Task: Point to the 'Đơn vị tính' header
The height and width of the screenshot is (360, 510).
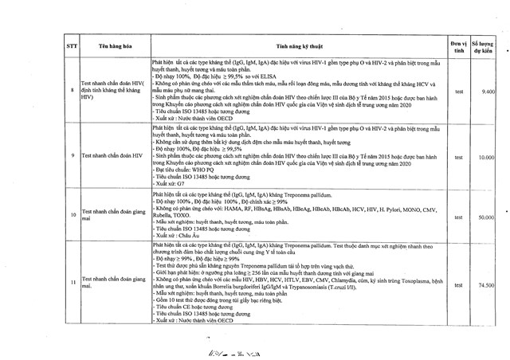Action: coord(457,46)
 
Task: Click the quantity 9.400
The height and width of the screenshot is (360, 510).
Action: coord(489,92)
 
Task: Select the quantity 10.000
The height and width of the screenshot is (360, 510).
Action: coord(488,157)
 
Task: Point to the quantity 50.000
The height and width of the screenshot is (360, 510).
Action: coord(488,217)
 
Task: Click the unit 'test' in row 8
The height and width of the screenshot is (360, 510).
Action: coord(458,92)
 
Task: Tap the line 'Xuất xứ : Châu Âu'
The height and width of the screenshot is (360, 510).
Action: coord(180,236)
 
